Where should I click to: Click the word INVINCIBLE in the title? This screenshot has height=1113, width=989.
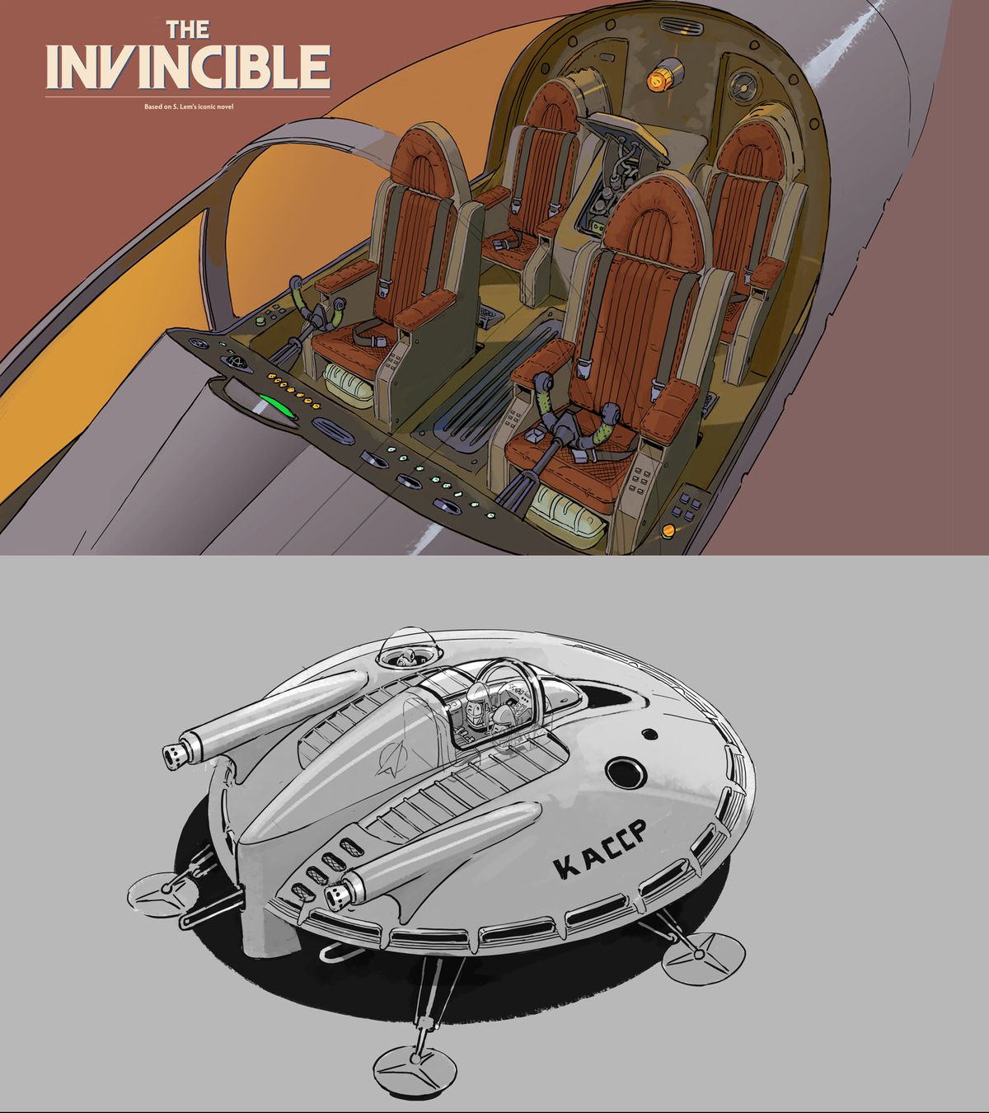coord(188,67)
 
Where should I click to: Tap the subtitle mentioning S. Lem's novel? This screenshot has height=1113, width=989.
coord(187,106)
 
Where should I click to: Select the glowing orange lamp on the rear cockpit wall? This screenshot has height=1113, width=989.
coord(659,79)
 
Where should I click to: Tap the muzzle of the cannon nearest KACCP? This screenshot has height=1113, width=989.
coord(339,895)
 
